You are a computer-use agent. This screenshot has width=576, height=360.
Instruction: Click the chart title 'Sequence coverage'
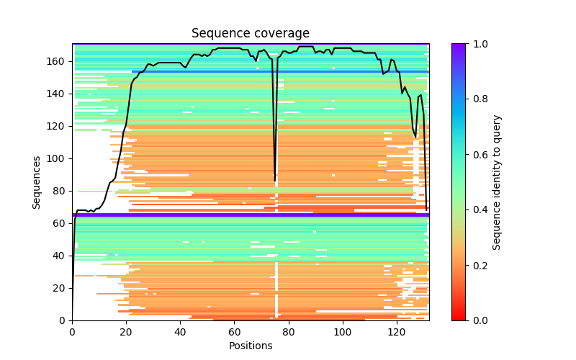click(250, 34)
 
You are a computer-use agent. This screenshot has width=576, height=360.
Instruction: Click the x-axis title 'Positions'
click(250, 346)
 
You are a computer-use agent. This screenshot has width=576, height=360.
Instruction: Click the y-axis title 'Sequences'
click(37, 181)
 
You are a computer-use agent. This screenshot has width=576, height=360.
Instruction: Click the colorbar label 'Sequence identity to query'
click(497, 181)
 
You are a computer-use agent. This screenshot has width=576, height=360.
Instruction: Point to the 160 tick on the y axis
click(59, 61)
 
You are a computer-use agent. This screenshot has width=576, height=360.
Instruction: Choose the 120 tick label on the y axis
click(59, 126)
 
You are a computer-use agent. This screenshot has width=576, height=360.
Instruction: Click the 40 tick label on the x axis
click(180, 332)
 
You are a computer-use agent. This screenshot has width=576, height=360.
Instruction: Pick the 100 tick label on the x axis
click(343, 332)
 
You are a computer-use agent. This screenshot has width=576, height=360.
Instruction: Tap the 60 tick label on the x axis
click(234, 332)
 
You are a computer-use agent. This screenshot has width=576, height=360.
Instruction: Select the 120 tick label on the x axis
click(397, 332)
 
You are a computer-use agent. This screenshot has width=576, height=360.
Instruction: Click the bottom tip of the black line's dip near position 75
click(275, 179)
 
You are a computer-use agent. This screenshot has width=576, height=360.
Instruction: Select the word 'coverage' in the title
click(280, 34)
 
